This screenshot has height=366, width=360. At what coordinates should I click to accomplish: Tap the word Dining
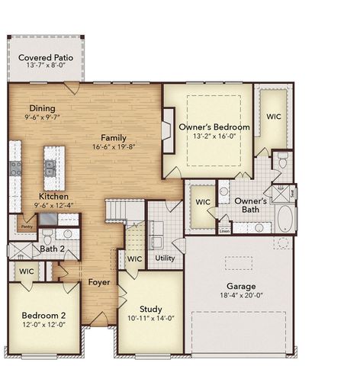43,108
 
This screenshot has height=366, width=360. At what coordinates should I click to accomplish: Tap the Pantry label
26,226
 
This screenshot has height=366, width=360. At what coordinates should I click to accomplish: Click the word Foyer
98,282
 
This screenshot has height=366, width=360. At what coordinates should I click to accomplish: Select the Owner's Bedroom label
214,127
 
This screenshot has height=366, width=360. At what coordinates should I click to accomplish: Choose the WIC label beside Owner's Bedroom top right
274,117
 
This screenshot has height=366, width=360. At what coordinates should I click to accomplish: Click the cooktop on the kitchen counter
14,168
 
